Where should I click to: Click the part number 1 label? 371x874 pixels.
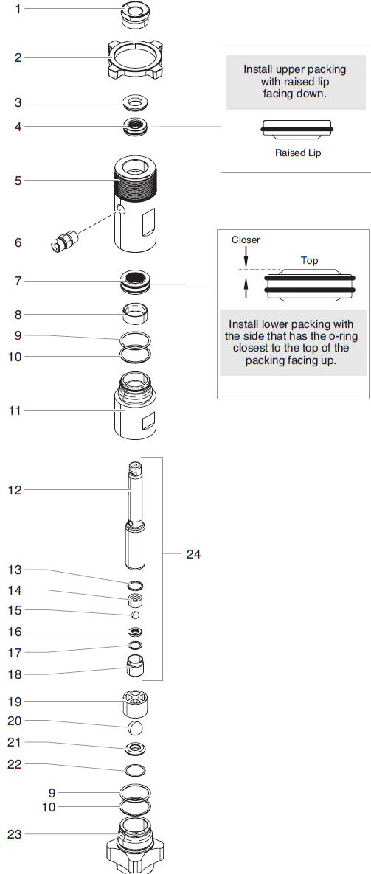(x=18, y=9)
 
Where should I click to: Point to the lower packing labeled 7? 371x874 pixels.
(x=136, y=280)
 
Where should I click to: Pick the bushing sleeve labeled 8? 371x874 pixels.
(x=136, y=315)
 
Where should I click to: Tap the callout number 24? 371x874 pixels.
(x=193, y=554)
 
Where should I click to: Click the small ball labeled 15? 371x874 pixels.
(x=135, y=615)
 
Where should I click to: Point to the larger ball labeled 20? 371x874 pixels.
(x=135, y=727)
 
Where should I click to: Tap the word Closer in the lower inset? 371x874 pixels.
(x=246, y=240)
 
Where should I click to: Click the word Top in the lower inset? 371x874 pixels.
(x=310, y=260)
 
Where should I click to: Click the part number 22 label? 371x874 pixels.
(x=15, y=764)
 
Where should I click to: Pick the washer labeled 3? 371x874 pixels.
(x=136, y=102)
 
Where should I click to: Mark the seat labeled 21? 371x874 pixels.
(x=136, y=749)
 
